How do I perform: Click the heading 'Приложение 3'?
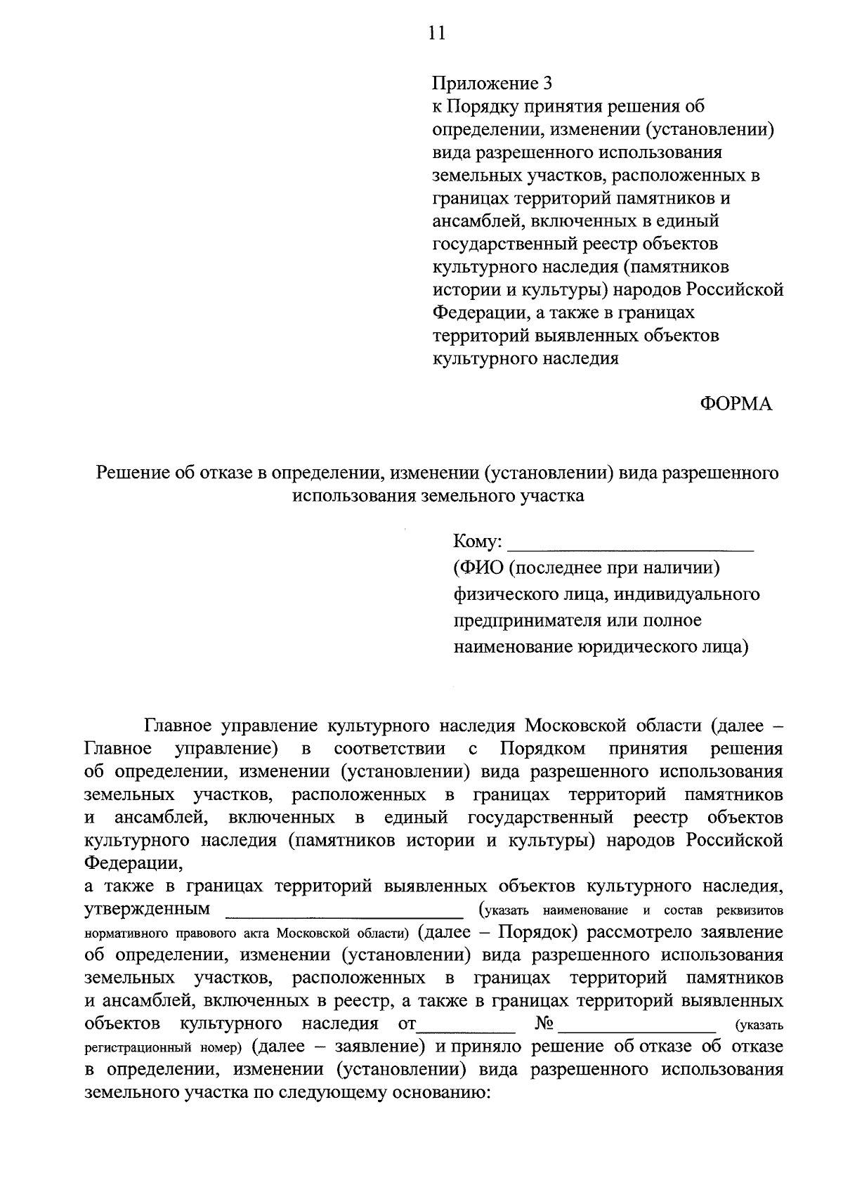coord(492,84)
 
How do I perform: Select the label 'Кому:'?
coord(478,542)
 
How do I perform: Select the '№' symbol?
coord(544,1023)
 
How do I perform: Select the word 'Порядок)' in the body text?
coord(538,932)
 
